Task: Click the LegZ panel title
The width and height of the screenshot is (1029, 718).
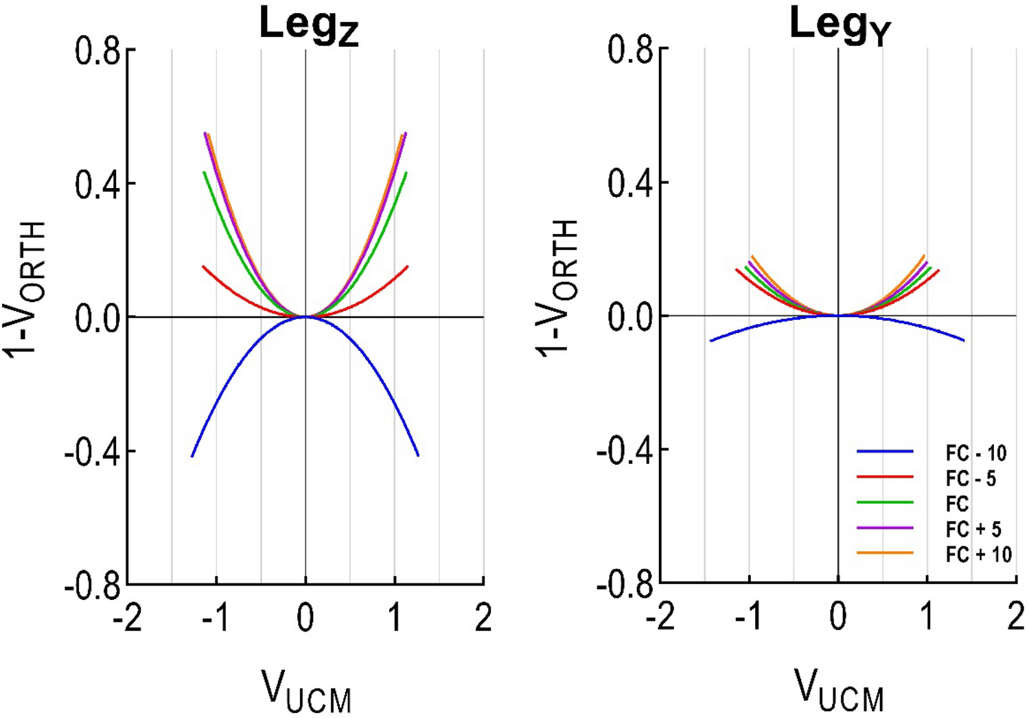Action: coord(308,26)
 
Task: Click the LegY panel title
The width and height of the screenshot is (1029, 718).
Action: coord(840,25)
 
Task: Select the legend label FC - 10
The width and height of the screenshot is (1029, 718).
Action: coord(975,453)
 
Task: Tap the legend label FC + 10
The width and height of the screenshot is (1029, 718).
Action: coord(978,554)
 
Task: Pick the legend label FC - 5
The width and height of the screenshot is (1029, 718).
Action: coord(971,478)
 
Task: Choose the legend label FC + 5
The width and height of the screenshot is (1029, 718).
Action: coord(973,529)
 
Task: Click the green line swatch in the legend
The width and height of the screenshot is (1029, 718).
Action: coord(885,502)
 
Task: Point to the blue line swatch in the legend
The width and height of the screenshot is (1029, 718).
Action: coord(885,452)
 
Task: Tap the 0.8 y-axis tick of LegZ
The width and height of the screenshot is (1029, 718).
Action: coord(97,51)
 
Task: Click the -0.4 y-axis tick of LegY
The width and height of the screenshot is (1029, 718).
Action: coord(623,450)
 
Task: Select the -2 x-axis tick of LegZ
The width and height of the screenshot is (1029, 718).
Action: coord(128,618)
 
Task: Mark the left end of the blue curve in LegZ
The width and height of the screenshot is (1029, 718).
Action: coord(192,456)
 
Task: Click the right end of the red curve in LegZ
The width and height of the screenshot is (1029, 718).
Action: coord(408,266)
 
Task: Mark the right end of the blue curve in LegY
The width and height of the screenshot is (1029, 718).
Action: coord(964,340)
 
